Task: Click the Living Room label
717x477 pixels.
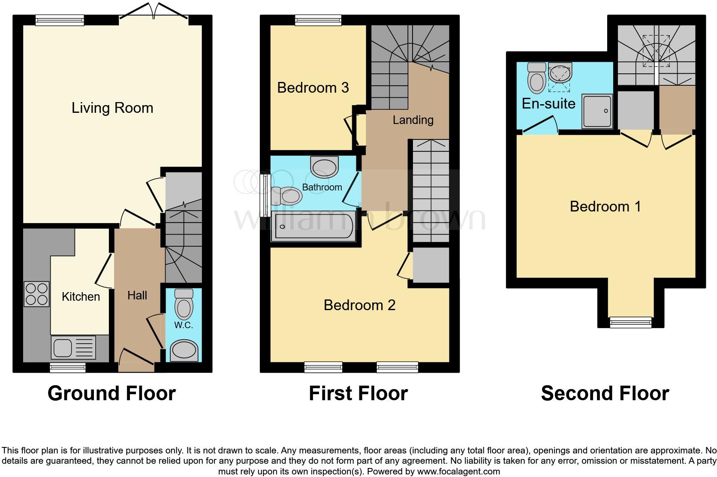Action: click(x=112, y=108)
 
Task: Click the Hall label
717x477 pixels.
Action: click(x=137, y=295)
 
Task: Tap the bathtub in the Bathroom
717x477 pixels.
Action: click(x=314, y=226)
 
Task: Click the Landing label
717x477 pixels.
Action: click(x=413, y=120)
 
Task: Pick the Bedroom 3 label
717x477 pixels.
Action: click(x=313, y=88)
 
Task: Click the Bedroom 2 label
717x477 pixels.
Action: click(x=359, y=305)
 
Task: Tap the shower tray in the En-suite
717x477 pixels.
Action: click(x=596, y=111)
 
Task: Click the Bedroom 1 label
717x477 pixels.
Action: click(x=605, y=206)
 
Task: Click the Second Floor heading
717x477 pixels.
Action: click(x=605, y=393)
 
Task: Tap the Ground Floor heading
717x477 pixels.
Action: click(x=111, y=393)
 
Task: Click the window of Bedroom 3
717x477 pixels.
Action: click(x=318, y=20)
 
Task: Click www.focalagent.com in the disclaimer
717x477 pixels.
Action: click(x=458, y=471)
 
